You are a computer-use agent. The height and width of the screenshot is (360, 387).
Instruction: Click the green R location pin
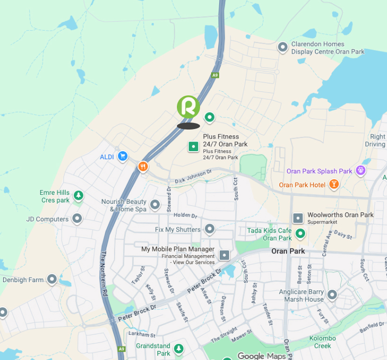coord(188,107)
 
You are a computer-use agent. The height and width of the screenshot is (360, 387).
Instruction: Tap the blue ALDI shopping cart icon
coord(122,157)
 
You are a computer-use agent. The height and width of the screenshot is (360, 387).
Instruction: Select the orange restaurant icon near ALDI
coord(143,166)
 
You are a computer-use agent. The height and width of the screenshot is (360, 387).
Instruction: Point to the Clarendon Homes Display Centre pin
coord(283,47)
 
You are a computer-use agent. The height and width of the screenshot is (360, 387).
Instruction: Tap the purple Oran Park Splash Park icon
coord(360,171)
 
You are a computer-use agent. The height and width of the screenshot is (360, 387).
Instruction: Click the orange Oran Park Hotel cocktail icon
coord(333,185)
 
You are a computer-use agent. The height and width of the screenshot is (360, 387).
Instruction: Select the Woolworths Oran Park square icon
coord(298,218)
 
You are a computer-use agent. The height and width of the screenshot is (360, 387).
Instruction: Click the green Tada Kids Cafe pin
coord(301,233)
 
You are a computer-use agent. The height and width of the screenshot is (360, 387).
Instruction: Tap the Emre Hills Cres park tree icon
coord(78,196)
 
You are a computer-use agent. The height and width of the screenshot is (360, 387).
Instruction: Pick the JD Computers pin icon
coord(77,219)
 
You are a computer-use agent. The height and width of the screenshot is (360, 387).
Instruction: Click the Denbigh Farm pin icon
coord(52,280)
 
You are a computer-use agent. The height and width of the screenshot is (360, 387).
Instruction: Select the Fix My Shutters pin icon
coord(210,229)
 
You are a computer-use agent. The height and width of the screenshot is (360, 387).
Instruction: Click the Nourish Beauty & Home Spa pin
coord(155,205)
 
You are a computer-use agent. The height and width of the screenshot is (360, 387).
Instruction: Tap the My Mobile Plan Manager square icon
coord(224,256)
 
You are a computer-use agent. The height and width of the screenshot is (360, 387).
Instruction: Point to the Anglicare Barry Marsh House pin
coord(332,295)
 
